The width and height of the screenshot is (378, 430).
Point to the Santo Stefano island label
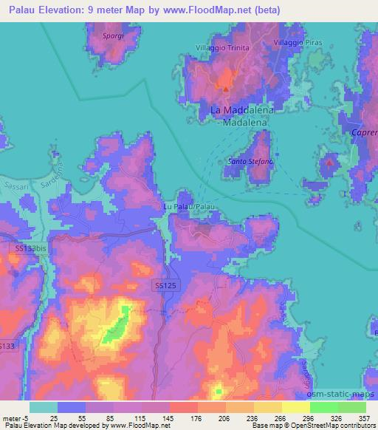250,161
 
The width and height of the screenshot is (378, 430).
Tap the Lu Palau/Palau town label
188,208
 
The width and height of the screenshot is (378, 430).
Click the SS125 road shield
165,284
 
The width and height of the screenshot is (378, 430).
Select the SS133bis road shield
30,251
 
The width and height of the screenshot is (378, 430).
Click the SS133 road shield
6,345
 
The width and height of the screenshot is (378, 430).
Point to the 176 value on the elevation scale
186,417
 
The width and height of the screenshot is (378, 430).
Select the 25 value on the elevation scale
55,417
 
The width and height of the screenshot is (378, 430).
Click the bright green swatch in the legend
323,406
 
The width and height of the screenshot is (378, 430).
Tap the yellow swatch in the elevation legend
295,406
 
